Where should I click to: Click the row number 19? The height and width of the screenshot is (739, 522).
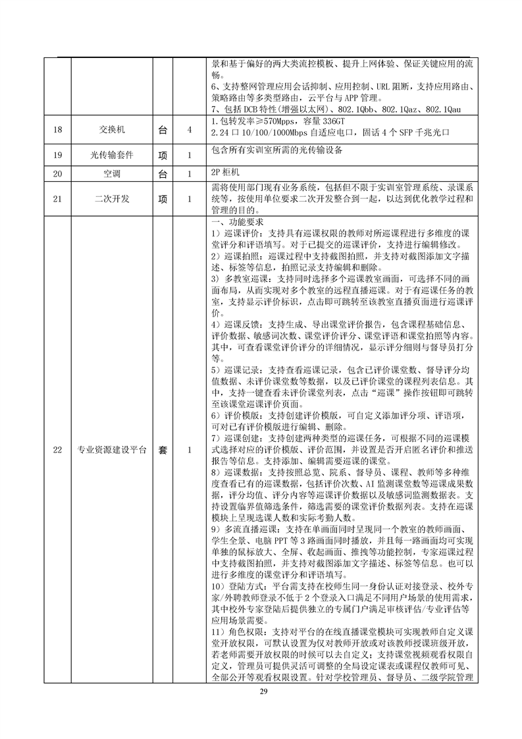click(57, 155)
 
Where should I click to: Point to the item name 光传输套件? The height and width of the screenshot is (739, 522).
click(111, 155)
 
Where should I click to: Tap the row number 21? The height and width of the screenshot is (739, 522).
click(57, 198)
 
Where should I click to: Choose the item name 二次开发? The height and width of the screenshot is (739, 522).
click(111, 198)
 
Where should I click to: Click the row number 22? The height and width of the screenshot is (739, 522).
click(57, 451)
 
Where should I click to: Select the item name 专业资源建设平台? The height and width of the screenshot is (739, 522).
click(111, 451)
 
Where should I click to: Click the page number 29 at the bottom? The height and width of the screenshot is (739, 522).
click(261, 692)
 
